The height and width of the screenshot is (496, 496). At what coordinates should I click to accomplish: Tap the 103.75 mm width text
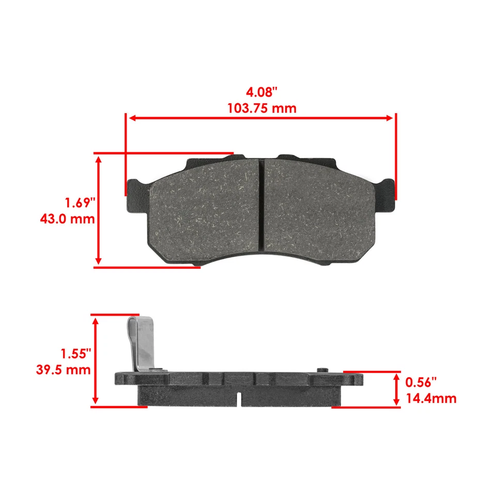tap(262, 109)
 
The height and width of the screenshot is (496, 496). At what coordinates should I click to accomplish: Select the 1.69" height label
tap(80, 201)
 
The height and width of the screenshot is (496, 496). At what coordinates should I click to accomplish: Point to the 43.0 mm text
tap(68, 219)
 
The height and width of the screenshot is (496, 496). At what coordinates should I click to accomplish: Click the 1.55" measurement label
tap(75, 354)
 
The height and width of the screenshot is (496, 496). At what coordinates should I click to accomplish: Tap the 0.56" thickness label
tap(421, 382)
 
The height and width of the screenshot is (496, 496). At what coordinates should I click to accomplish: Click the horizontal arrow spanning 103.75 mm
tap(261, 118)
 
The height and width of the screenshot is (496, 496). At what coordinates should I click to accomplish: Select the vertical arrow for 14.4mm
tap(396, 390)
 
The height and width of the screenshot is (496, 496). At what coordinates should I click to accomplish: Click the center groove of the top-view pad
tap(261, 204)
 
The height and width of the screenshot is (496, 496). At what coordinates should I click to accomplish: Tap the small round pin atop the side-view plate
tap(324, 369)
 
